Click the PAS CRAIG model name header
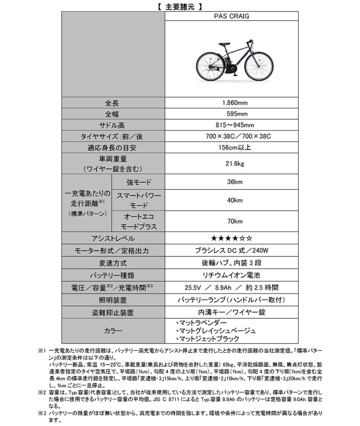click(x=232, y=16)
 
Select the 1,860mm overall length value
click(x=232, y=103)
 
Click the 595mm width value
click(x=232, y=114)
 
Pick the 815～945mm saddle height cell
click(x=232, y=125)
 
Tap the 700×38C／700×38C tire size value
click(x=232, y=136)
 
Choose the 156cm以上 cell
click(x=232, y=147)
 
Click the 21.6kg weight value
click(x=232, y=163)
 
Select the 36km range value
click(x=232, y=182)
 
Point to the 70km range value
click(x=232, y=222)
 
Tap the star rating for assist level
click(x=232, y=238)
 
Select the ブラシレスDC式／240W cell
click(x=232, y=250)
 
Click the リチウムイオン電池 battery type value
click(x=232, y=275)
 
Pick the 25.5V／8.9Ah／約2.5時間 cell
click(x=232, y=287)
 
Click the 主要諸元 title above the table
click(x=180, y=6)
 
